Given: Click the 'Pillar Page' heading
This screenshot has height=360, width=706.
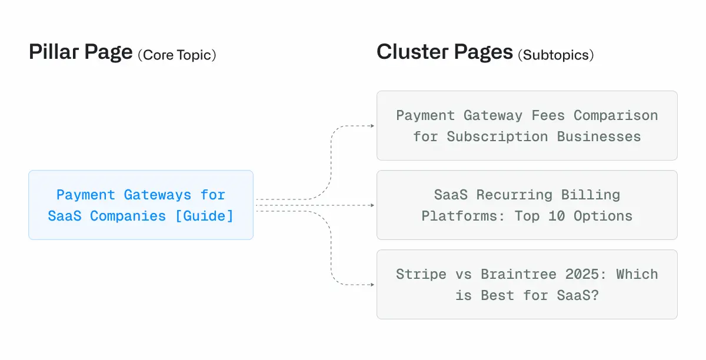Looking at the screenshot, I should tap(81, 53).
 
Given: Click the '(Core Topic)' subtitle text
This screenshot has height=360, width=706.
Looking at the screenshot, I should tap(177, 55).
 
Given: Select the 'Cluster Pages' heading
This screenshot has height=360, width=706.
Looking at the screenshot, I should tap(445, 53).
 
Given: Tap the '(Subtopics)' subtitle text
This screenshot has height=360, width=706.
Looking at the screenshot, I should tap(555, 55).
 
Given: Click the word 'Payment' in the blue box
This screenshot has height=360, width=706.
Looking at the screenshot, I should tap(86, 195).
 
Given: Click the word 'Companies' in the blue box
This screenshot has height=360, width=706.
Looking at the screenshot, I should tap(128, 216).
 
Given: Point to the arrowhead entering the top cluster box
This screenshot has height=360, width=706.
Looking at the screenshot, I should tap(372, 126).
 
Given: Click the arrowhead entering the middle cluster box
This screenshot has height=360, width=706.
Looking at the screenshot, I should tap(372, 205).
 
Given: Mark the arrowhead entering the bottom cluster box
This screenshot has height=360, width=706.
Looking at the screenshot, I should tap(372, 285).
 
